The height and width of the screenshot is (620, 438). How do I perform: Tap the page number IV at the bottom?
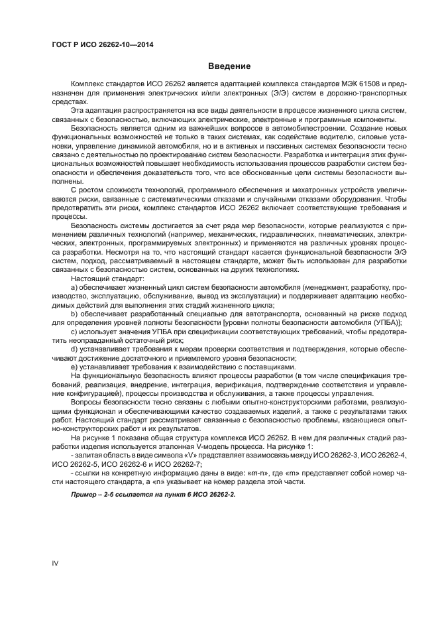[56, 563]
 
